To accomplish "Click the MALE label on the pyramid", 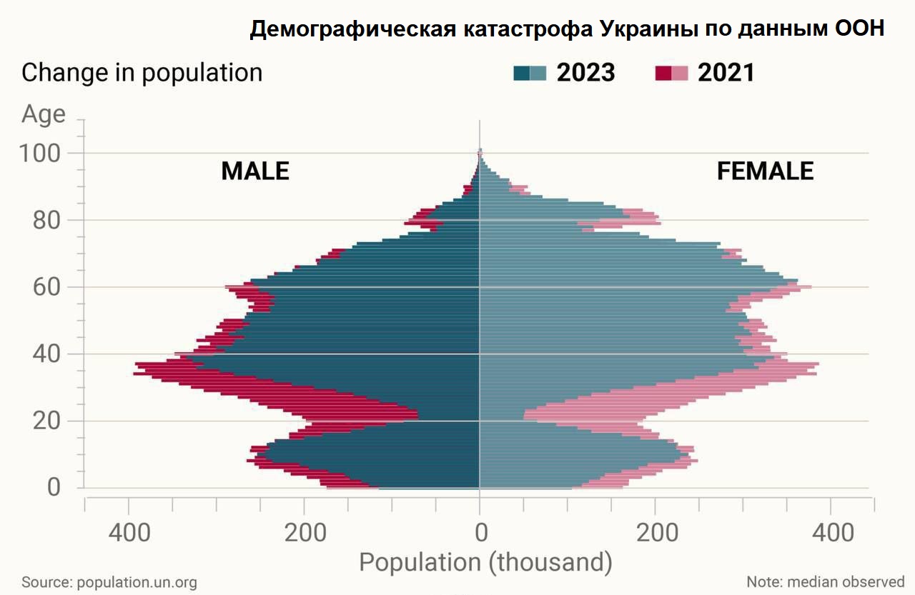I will tap(255, 171).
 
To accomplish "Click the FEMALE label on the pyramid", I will tap(765, 171).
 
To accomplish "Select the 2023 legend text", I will tap(585, 73).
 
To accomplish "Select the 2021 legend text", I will tap(726, 73).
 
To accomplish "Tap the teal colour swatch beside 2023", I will tap(530, 73).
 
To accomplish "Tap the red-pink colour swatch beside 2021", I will tap(671, 73).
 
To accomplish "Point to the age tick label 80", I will tap(47, 221).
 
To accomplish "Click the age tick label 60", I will tap(47, 287).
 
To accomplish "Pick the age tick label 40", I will tap(47, 354).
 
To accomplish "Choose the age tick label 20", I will tap(47, 421).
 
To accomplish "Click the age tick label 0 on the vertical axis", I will tap(54, 489).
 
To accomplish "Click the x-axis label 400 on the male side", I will tap(129, 533).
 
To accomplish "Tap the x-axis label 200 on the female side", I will tap(655, 533).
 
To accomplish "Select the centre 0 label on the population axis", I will tap(481, 533).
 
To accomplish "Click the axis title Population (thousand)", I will tap(485, 563).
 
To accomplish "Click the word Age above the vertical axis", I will tap(44, 114).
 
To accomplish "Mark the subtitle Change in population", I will tap(142, 73).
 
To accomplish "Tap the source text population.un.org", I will tap(137, 582).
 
